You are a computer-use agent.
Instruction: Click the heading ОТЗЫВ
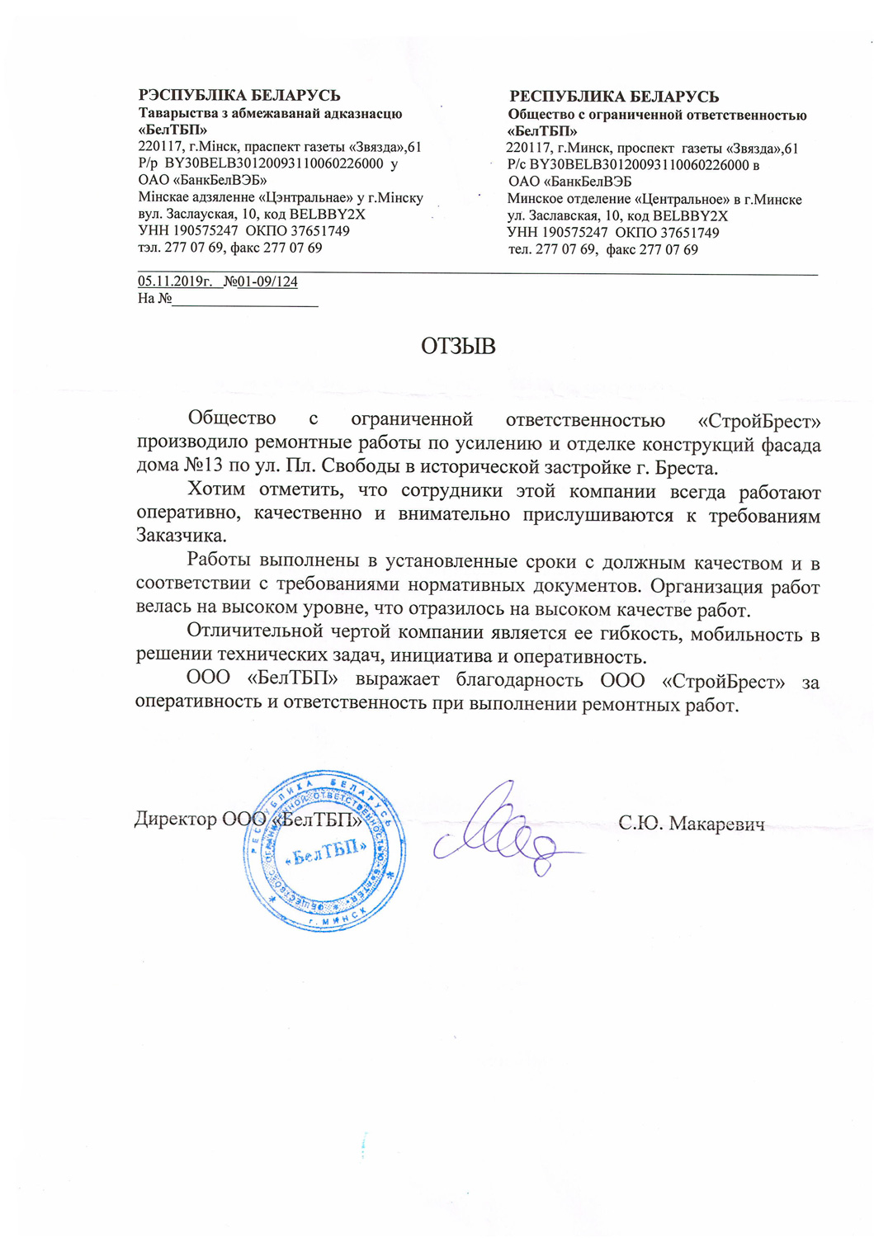[458, 346]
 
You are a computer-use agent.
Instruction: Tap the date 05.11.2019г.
[175, 281]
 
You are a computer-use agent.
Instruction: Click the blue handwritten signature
[503, 829]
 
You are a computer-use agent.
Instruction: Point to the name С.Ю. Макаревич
[691, 823]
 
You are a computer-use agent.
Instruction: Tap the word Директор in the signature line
[175, 819]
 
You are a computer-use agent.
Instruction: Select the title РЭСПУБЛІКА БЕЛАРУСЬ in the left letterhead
[239, 96]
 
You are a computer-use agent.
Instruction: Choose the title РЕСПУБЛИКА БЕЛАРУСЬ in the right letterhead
[614, 97]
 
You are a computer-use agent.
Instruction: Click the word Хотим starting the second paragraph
[216, 489]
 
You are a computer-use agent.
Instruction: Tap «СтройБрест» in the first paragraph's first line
[759, 421]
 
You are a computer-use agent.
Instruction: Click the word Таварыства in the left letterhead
[172, 113]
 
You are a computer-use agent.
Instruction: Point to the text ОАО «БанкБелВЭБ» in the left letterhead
[202, 180]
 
